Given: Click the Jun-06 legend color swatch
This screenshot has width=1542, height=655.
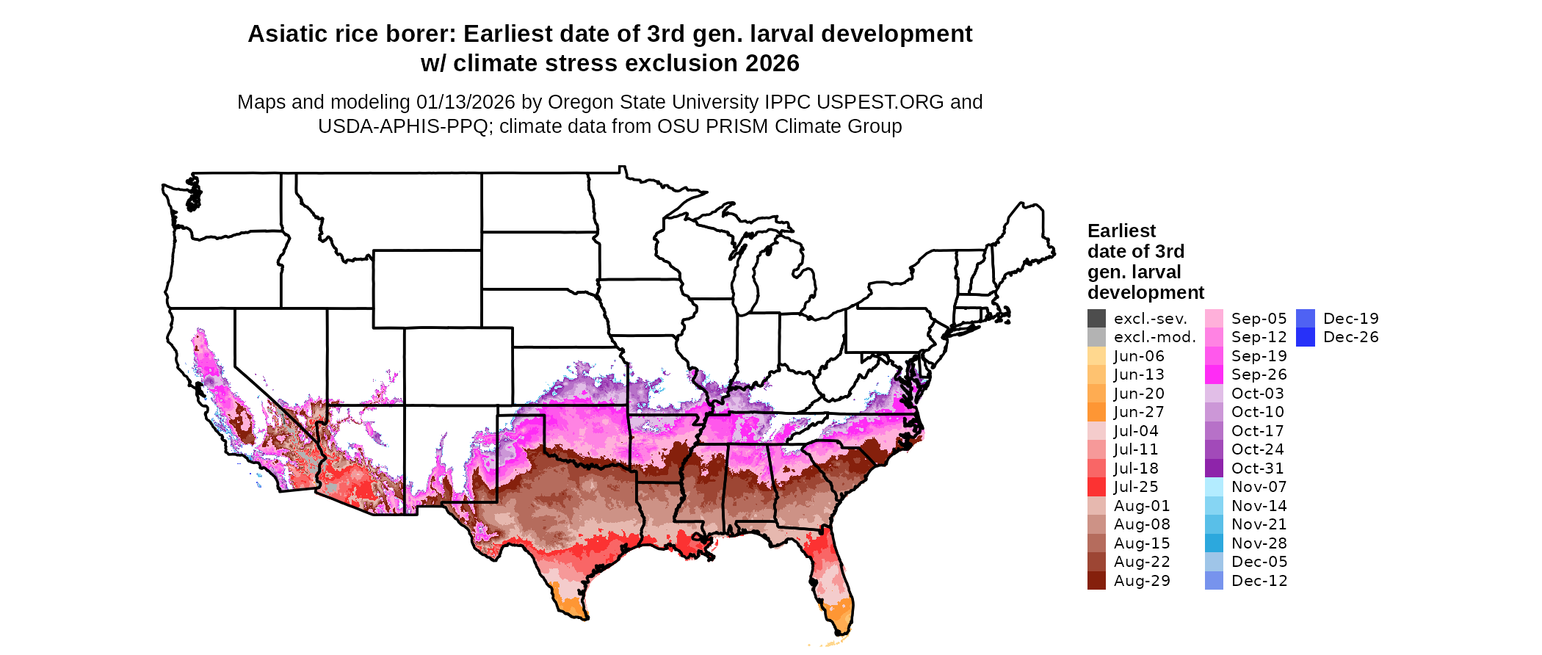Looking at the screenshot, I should tap(1096, 356).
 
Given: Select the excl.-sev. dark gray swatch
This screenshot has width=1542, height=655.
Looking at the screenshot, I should tap(1096, 319).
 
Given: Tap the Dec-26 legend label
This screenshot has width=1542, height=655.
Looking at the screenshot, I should tap(1350, 337).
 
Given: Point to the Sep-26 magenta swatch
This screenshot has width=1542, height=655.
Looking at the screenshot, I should tap(1215, 374).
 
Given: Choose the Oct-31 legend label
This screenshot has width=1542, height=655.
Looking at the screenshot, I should tap(1259, 468).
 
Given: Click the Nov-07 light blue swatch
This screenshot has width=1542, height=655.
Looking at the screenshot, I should tap(1215, 487).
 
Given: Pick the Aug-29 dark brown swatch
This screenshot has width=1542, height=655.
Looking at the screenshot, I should tap(1096, 581).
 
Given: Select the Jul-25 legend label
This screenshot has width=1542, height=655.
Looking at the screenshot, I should tap(1136, 487).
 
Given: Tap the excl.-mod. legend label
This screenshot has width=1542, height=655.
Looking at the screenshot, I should tap(1154, 337).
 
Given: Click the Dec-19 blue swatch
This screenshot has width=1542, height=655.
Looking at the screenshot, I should tap(1306, 319).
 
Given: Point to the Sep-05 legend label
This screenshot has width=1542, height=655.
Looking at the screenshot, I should tap(1259, 319).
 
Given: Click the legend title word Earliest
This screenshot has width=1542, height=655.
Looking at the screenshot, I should tap(1121, 231).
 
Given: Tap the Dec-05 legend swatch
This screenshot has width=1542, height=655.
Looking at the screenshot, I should tap(1215, 562).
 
